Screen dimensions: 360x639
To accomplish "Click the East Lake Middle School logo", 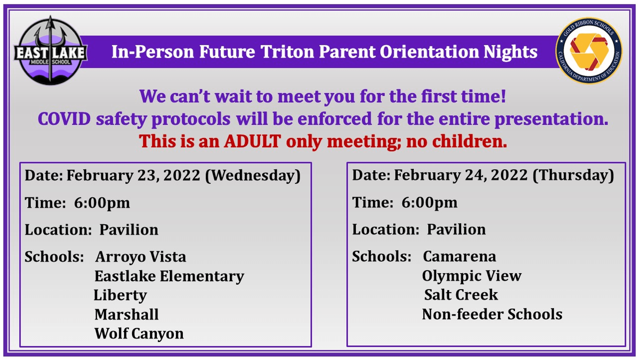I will pos(50,51).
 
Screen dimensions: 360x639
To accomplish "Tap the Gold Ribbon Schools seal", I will pos(589,51).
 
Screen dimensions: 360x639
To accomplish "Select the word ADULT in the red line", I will pos(252,141).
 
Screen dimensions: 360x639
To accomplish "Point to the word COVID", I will pos(64,119).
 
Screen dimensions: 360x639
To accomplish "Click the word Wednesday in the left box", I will pos(253,175).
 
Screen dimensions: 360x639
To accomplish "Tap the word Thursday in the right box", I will pos(573,175).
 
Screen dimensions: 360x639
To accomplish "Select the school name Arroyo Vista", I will pos(141,257).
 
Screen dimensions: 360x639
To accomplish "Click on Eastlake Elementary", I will pos(169,276).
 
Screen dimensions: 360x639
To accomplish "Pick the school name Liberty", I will pos(120,295).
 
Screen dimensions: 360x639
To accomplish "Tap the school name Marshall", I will pos(126,314).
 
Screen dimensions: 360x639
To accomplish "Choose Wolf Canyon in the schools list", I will pos(139,334).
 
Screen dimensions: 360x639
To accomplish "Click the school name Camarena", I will pos(459,257).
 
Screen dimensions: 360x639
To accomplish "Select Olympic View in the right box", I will pos(471,276).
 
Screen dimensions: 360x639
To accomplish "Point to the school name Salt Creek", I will pos(461,295).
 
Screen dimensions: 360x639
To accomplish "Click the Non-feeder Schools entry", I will pos(492,314).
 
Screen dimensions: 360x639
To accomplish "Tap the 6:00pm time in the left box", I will pos(102,203).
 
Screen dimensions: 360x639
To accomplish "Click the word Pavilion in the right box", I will pos(456,230).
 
